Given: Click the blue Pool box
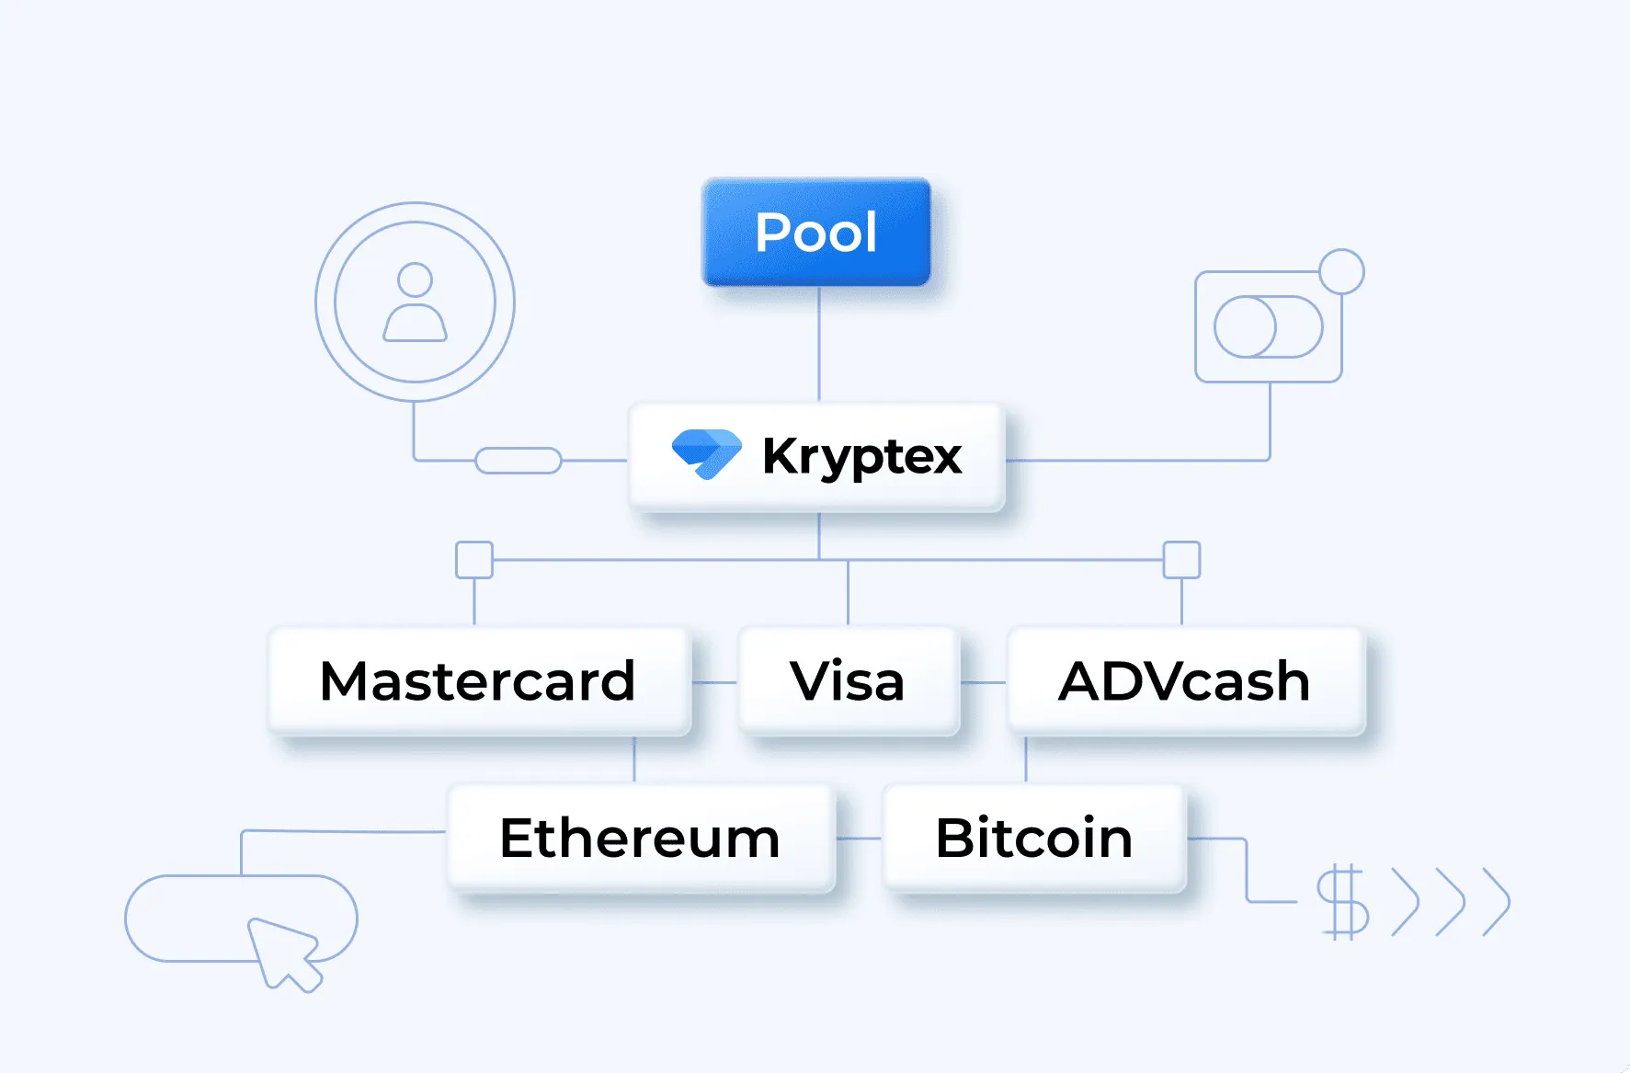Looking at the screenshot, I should (x=816, y=232).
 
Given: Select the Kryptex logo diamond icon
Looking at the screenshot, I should (x=706, y=453).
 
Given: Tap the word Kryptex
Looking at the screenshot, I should (x=861, y=456).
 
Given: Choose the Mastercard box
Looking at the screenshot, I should (x=478, y=681).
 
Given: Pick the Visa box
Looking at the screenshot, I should (x=848, y=681).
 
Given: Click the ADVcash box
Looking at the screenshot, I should (x=1184, y=681).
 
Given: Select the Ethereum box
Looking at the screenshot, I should (x=640, y=838).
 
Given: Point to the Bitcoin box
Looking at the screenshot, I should (x=1034, y=838).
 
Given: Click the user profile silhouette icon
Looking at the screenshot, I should (x=415, y=302).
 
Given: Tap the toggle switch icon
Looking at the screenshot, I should (x=1268, y=326).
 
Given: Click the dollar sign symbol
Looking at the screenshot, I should (x=1342, y=901).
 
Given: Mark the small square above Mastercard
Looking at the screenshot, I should (x=474, y=560).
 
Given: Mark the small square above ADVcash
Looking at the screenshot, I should (x=1181, y=560).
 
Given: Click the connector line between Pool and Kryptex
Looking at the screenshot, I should (x=819, y=345).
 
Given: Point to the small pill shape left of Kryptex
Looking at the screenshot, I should (x=519, y=461).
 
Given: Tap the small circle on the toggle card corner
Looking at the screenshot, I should (x=1341, y=271).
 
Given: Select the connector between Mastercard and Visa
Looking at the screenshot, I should (x=714, y=682).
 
